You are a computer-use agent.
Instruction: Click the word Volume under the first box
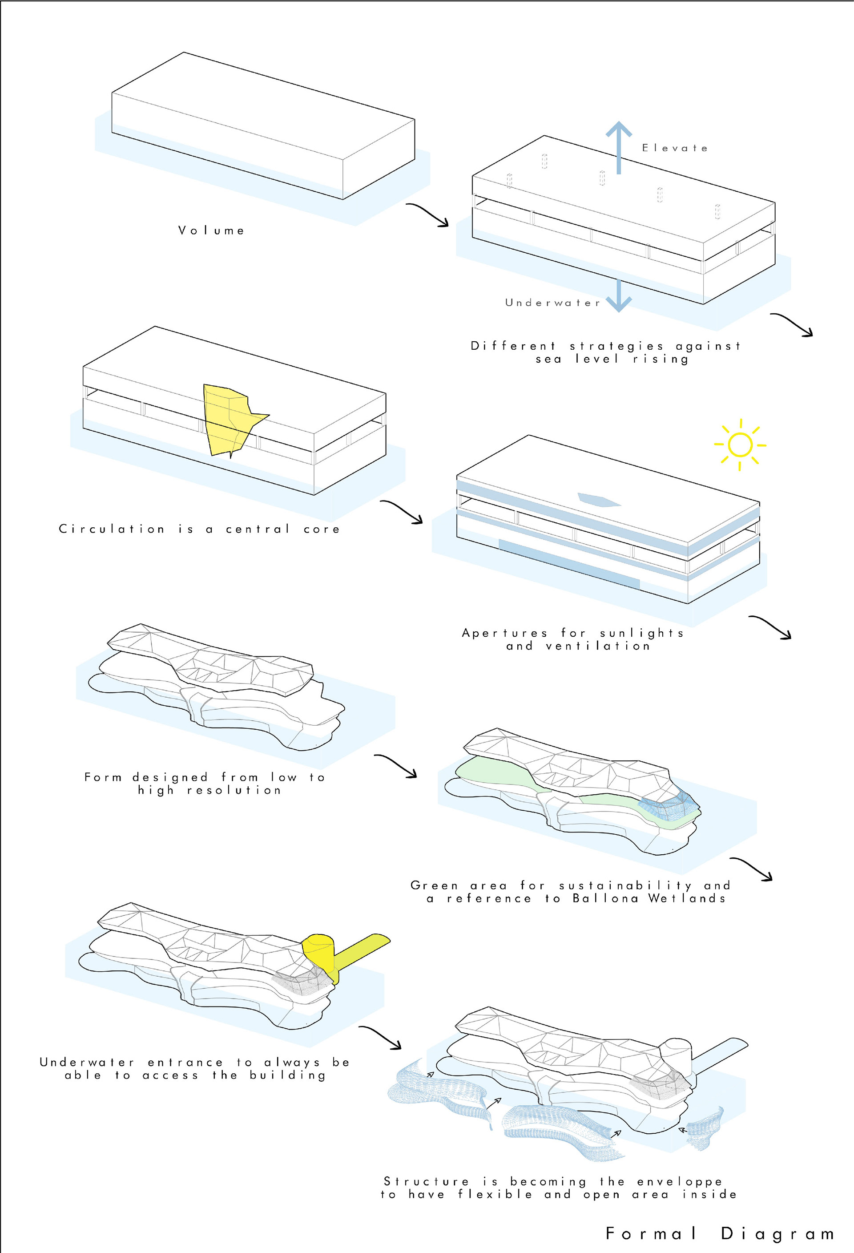click(x=211, y=230)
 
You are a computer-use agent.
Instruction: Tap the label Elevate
click(x=675, y=148)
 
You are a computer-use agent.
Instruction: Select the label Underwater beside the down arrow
click(x=552, y=303)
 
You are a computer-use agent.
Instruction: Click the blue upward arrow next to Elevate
click(x=619, y=146)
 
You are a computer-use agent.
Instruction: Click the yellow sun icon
click(x=740, y=445)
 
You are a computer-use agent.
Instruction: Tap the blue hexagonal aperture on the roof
click(x=599, y=500)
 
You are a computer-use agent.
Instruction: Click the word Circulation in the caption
click(x=112, y=529)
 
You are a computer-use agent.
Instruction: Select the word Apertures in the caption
click(x=504, y=633)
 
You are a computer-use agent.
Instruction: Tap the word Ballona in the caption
click(x=606, y=898)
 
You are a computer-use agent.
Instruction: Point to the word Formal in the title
click(x=651, y=1233)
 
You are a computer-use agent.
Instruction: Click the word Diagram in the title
click(x=777, y=1233)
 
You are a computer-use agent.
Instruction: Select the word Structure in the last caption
click(x=426, y=1181)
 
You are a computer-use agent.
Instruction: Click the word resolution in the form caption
click(x=234, y=790)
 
